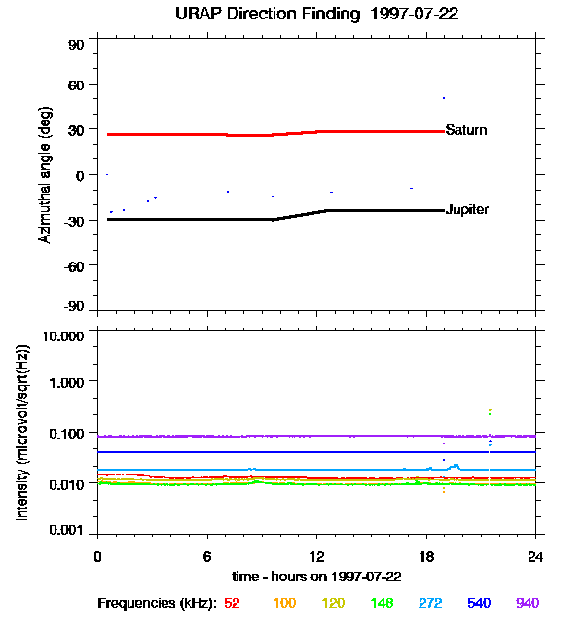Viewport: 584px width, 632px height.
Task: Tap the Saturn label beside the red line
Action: [x=465, y=130]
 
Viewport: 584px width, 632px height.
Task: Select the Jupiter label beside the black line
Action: [x=466, y=210]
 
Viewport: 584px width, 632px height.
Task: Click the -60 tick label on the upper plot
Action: [x=73, y=264]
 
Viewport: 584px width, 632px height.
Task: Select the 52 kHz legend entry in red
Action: [x=232, y=604]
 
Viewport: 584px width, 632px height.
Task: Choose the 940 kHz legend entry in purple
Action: [x=527, y=604]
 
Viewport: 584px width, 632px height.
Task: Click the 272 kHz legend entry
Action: [x=430, y=604]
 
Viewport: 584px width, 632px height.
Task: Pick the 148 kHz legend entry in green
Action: [x=382, y=604]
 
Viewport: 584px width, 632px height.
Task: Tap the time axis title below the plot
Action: [x=316, y=577]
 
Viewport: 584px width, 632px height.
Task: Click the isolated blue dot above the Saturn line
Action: [x=444, y=98]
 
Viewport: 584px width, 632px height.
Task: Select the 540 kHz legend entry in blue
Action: [x=479, y=604]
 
